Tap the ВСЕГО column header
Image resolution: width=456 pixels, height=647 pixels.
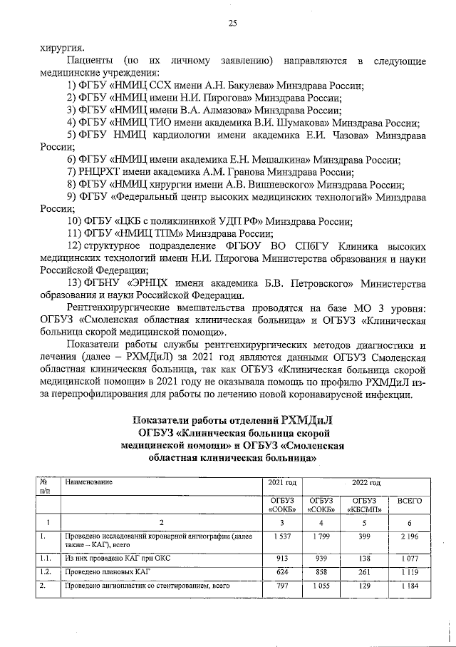coord(410,501)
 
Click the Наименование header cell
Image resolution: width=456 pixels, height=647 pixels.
coord(88,484)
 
